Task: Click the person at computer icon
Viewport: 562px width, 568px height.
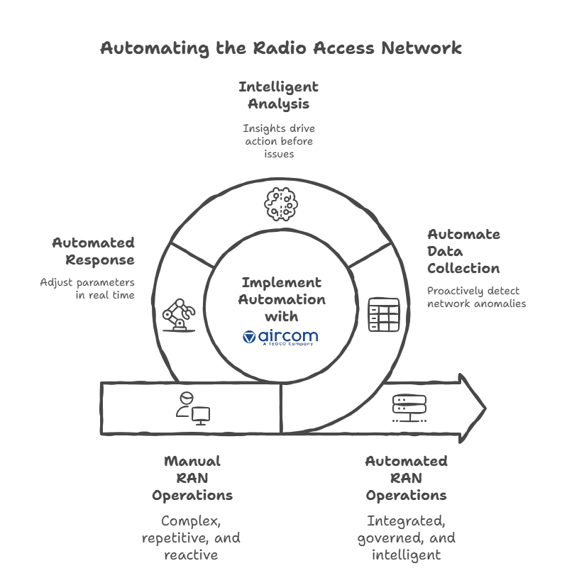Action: (192, 408)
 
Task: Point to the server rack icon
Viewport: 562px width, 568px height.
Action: (409, 408)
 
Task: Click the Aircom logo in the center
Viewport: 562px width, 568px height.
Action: (280, 336)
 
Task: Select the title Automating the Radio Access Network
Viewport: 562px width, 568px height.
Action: (280, 48)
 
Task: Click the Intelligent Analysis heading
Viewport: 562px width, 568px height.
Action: (278, 95)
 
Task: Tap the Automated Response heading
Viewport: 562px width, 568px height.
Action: (93, 251)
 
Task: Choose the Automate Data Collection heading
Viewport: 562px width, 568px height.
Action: (463, 251)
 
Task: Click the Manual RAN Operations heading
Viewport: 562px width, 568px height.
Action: (192, 478)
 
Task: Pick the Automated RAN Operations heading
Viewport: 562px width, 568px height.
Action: (406, 478)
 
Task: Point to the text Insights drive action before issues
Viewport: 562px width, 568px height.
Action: (278, 141)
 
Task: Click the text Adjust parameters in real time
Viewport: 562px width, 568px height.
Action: (87, 288)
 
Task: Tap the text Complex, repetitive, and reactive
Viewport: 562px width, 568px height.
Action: (192, 538)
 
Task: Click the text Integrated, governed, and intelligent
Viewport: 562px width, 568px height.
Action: (406, 538)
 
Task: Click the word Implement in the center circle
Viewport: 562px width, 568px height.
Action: (280, 282)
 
